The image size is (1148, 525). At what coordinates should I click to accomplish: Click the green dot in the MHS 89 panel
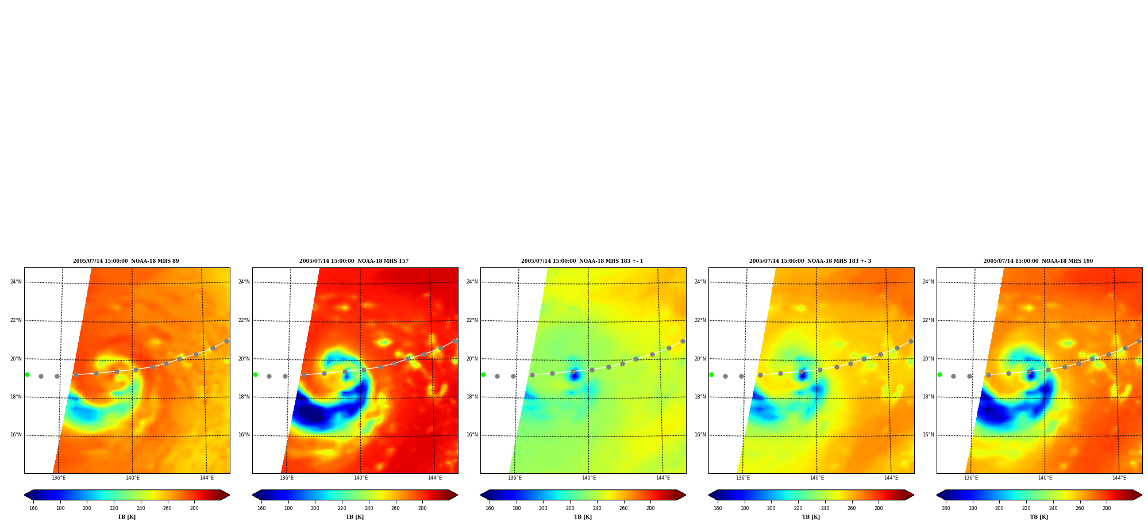pos(27,374)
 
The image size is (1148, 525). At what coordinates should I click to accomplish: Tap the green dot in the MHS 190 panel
pos(939,374)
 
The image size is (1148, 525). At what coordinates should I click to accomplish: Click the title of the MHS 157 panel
pos(354,261)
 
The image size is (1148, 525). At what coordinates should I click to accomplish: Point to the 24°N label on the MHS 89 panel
pos(16,282)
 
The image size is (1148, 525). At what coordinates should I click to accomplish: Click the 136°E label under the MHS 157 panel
pos(287,478)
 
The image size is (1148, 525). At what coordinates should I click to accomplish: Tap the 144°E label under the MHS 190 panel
pos(1119,478)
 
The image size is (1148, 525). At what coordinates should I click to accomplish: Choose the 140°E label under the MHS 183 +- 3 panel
pos(816,478)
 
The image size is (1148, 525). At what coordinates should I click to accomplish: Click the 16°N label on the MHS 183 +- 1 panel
pos(472,435)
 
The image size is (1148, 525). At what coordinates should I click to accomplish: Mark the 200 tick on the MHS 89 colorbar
pos(87,508)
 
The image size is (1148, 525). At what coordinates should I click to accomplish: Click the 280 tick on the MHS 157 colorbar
pos(422,508)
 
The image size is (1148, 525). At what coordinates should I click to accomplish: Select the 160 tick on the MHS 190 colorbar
pos(946,508)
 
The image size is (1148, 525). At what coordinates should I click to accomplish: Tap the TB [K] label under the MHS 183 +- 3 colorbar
pos(811,517)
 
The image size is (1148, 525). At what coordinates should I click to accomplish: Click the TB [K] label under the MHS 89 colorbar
pos(126,517)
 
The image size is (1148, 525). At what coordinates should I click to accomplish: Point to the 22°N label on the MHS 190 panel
pos(928,320)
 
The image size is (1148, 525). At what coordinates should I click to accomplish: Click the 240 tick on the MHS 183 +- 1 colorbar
pos(597,508)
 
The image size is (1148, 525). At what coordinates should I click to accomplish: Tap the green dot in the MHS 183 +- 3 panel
pos(711,374)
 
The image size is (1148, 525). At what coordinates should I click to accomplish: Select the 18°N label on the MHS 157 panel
pos(244,397)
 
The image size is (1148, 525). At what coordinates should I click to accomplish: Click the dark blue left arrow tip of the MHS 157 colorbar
pos(253,495)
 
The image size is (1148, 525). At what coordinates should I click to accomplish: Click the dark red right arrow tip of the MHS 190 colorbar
pos(1141,495)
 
